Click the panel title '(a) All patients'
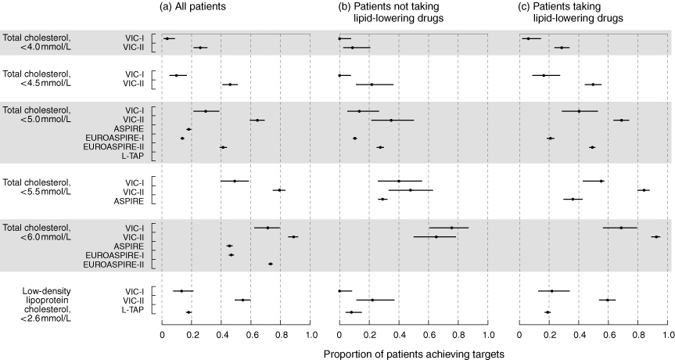pos(192,7)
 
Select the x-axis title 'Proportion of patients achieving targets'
pos(414,355)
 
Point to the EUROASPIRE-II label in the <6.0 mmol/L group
pos(113,264)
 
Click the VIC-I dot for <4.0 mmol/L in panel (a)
pos(167,39)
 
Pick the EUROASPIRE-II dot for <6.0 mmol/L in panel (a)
pos(271,264)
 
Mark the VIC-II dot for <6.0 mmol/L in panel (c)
pos(656,237)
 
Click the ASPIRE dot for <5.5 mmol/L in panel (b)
pos(382,200)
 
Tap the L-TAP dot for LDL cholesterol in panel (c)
pos(548,312)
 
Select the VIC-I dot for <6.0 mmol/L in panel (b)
pos(451,228)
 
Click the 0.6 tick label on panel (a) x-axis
pos(250,335)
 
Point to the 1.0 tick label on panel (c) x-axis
pos(668,335)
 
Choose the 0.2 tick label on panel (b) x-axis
pos(369,335)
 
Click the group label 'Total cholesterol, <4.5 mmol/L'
pos(37,79)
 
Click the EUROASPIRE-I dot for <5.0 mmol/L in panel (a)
pos(182,139)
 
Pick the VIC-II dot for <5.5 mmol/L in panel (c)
pos(644,190)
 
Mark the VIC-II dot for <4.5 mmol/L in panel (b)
pos(372,85)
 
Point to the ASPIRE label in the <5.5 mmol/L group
pos(129,201)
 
